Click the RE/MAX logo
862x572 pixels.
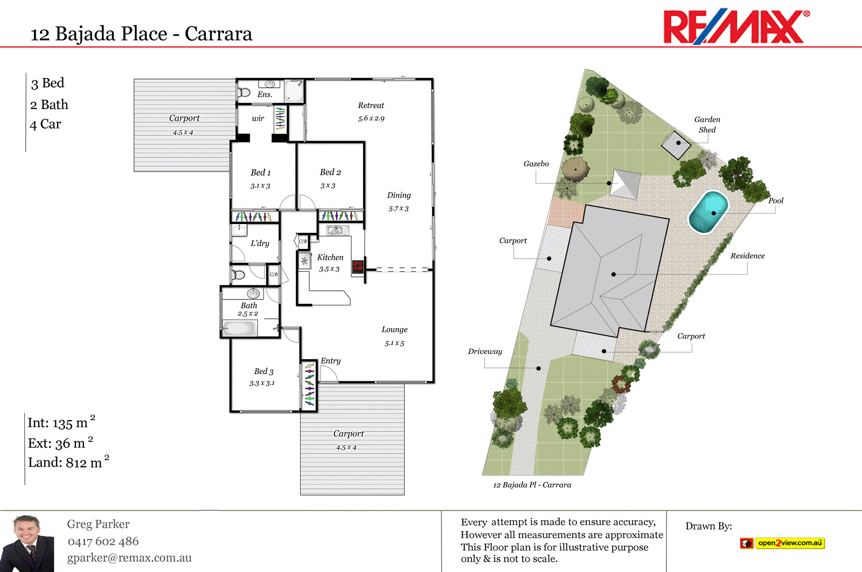pyautogui.click(x=735, y=26)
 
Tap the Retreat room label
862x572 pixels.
pyautogui.click(x=371, y=106)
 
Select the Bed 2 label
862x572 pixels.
pyautogui.click(x=330, y=172)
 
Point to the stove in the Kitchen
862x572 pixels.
pyautogui.click(x=358, y=266)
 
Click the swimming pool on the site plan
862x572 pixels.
pyautogui.click(x=708, y=212)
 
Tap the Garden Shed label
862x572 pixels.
pyautogui.click(x=707, y=124)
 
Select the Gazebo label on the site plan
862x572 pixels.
pyautogui.click(x=536, y=164)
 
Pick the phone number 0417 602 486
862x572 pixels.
pyautogui.click(x=103, y=541)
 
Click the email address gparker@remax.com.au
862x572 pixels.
pyautogui.click(x=129, y=558)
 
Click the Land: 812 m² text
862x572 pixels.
pyautogui.click(x=68, y=462)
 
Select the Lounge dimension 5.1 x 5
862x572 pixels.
pyautogui.click(x=394, y=343)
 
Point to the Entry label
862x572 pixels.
pyautogui.click(x=331, y=361)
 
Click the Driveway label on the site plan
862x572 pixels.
pyautogui.click(x=485, y=352)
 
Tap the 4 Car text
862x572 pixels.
pyautogui.click(x=46, y=124)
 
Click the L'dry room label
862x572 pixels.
pyautogui.click(x=260, y=243)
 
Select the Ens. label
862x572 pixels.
pyautogui.click(x=265, y=95)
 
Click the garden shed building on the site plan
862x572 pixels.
pyautogui.click(x=677, y=144)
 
